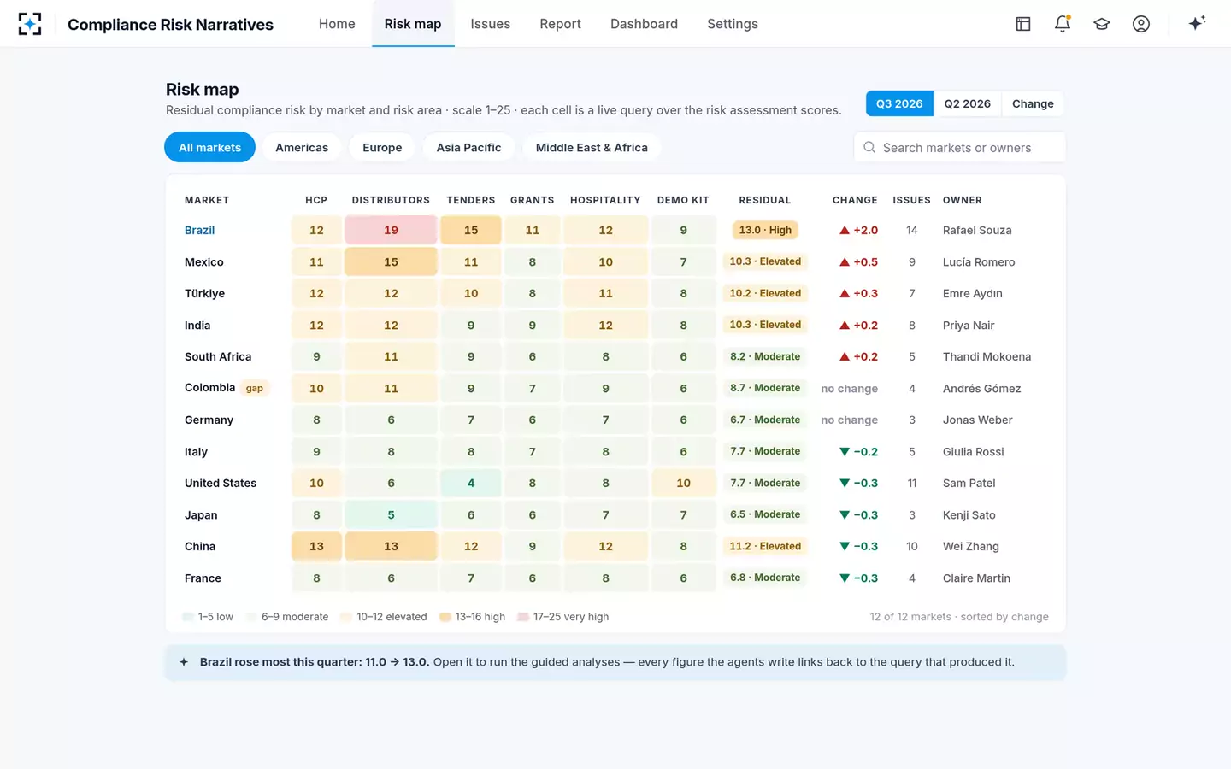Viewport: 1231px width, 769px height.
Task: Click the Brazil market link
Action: (199, 230)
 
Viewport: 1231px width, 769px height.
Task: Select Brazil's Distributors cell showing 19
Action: (391, 230)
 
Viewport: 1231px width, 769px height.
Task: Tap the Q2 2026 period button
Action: (967, 104)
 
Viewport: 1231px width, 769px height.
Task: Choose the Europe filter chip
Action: (382, 147)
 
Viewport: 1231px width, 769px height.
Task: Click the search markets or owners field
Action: (959, 147)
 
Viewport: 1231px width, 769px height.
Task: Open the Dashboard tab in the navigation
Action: (644, 24)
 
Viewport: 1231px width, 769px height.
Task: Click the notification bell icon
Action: (1063, 24)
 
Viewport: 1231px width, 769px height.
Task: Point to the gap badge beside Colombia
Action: (255, 388)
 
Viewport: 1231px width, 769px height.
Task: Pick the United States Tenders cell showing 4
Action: (471, 483)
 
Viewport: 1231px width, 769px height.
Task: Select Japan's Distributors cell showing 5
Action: (391, 514)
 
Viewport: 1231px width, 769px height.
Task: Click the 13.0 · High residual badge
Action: (765, 230)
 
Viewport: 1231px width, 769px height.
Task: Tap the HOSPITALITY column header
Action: (605, 200)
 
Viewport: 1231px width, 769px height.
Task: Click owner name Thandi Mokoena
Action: (987, 356)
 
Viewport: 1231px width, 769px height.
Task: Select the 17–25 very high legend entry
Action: (563, 617)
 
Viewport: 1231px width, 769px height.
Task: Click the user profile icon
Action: (1141, 24)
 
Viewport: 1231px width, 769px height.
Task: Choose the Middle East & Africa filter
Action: (592, 147)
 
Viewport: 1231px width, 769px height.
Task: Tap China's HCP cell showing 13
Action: (316, 547)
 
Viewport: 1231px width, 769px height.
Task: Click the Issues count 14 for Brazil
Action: (911, 230)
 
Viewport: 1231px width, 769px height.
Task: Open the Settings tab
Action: (732, 24)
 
